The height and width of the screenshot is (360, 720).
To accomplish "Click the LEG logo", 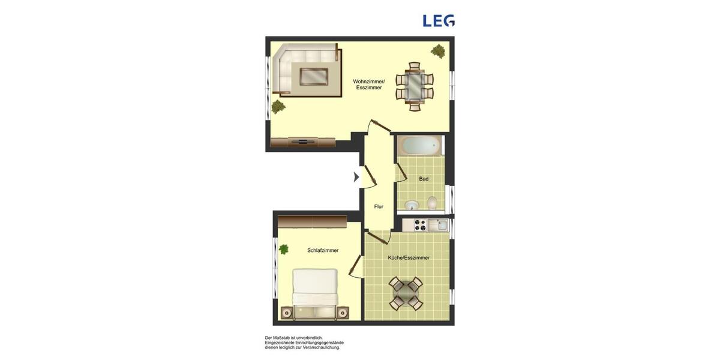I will point(439,21).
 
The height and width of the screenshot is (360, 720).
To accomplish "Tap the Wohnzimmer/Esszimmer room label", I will point(368,85).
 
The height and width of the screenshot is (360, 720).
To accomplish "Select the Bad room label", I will point(424,179).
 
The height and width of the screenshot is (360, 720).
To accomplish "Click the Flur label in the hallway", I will point(379,206).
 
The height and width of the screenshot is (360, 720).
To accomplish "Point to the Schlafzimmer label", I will point(323,250).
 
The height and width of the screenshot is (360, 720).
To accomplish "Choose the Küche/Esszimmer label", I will point(409,257).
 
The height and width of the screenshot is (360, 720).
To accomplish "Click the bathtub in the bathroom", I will point(420,146).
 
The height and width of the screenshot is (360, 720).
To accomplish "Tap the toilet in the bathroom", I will point(432,203).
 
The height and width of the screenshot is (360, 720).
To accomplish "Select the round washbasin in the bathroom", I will point(411,206).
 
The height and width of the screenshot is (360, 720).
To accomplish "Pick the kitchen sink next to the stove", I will point(440,225).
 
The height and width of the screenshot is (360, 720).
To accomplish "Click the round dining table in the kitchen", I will point(406,293).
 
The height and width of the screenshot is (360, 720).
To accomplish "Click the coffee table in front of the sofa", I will point(314,76).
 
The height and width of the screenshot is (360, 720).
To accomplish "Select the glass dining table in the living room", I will point(414,86).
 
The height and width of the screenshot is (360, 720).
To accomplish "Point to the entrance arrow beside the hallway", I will point(356,177).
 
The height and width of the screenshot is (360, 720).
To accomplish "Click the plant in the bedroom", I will point(283,249).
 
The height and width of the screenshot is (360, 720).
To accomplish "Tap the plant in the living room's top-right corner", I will point(438,51).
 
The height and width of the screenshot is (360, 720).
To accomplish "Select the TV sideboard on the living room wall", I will point(302,142).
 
